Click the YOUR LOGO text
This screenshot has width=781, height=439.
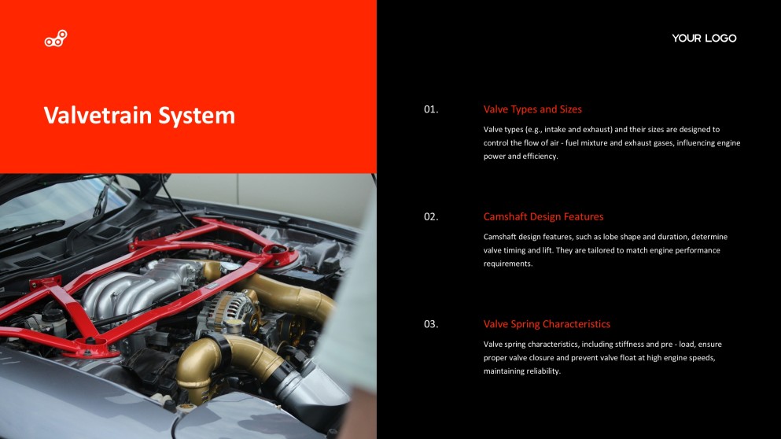[x=704, y=39]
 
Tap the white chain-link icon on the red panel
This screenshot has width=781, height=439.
[x=56, y=39]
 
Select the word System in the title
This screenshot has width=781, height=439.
[x=197, y=116]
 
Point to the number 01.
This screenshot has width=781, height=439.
[x=430, y=109]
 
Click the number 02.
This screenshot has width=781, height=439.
[x=430, y=216]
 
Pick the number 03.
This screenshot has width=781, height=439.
[x=430, y=323]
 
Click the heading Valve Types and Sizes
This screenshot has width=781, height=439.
[x=532, y=109]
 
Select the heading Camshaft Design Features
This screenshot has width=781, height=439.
[x=543, y=216]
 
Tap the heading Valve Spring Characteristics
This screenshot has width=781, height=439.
[x=547, y=323]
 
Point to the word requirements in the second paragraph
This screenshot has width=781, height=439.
[x=507, y=264]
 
